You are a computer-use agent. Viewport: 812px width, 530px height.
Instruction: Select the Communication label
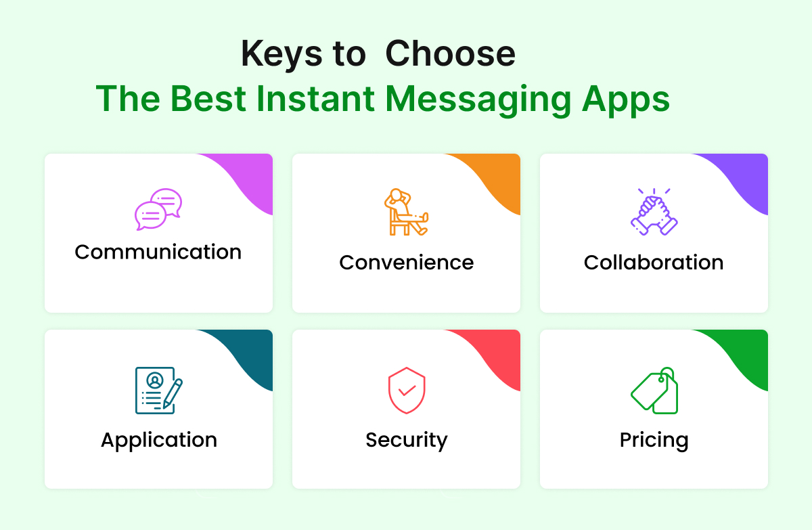point(158,252)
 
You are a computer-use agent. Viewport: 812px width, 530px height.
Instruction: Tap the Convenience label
point(407,263)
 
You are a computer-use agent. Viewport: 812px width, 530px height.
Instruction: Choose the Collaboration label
point(654,263)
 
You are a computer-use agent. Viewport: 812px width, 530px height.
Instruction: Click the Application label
point(159,440)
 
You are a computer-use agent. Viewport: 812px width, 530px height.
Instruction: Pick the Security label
point(407,440)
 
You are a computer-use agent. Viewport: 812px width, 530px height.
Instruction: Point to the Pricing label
point(654,440)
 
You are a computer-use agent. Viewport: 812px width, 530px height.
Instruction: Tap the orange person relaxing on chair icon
point(405,212)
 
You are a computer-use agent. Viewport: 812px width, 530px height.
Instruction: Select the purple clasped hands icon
point(654,212)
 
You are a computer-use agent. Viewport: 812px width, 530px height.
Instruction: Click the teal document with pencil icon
point(158,389)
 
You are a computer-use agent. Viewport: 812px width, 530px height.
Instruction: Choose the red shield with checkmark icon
point(406,390)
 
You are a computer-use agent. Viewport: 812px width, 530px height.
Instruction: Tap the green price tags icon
point(654,390)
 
